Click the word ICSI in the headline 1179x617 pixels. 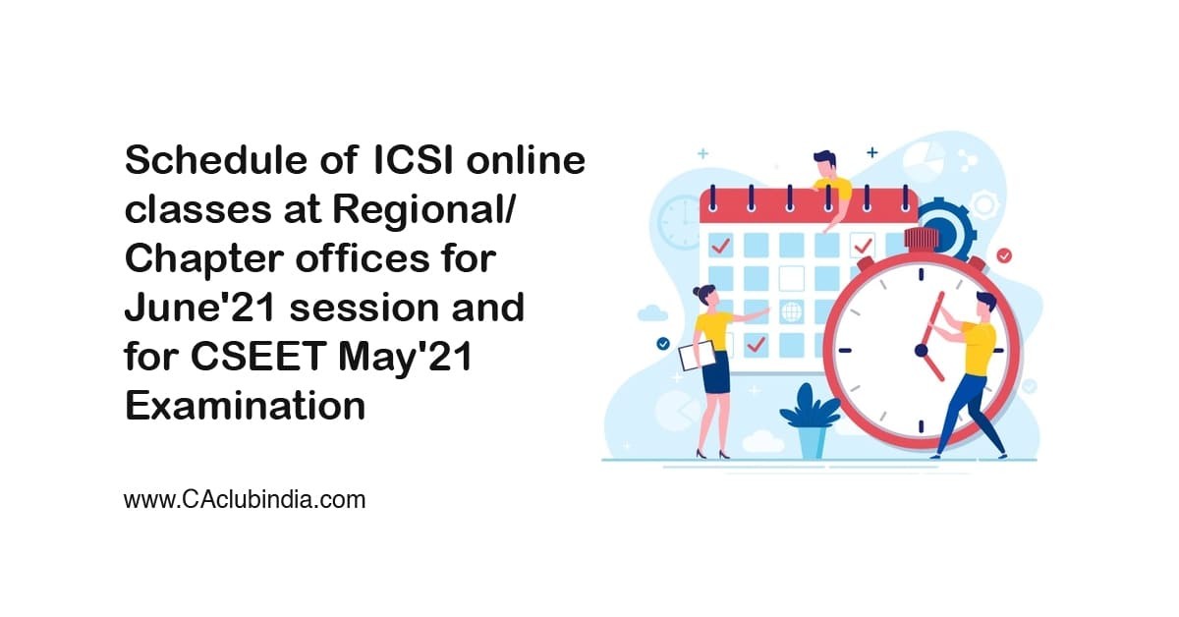click(413, 160)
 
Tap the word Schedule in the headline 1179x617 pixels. click(216, 160)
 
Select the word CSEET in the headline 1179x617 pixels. click(258, 357)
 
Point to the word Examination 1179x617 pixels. click(245, 406)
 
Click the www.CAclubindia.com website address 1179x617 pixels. click(245, 500)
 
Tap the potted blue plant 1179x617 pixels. click(811, 421)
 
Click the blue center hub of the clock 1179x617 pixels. click(922, 350)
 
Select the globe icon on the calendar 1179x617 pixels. click(791, 311)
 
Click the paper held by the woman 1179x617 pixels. click(697, 357)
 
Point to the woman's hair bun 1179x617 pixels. click(698, 291)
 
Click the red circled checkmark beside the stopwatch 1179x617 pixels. click(1004, 255)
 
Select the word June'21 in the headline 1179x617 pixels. click(200, 308)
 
